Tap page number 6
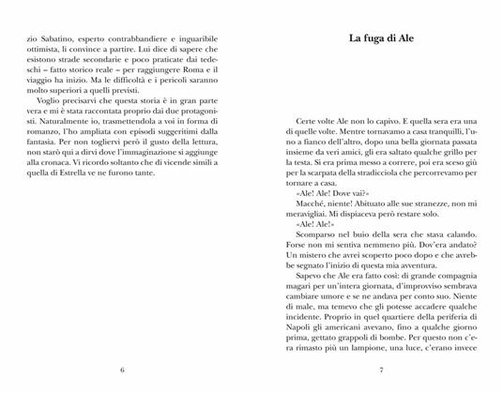[123, 370]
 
